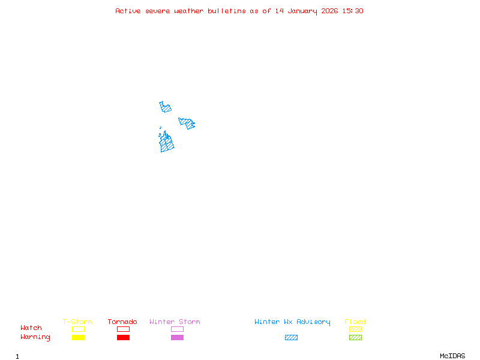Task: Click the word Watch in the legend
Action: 31,328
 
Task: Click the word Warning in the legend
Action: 35,337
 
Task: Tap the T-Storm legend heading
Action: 77,322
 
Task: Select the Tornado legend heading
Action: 122,322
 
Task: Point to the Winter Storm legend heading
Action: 175,322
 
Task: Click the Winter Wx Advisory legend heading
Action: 292,322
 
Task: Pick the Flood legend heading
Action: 355,322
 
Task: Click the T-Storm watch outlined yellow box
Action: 78,329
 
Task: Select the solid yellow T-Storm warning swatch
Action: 78,337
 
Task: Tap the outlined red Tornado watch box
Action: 123,329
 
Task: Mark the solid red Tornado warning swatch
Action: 123,337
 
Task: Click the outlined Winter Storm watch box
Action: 177,329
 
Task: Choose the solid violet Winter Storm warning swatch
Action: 177,337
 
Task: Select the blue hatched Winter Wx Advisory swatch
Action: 291,337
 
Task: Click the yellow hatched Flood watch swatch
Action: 355,329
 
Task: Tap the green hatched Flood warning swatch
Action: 355,337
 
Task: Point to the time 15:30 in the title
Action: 352,11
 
